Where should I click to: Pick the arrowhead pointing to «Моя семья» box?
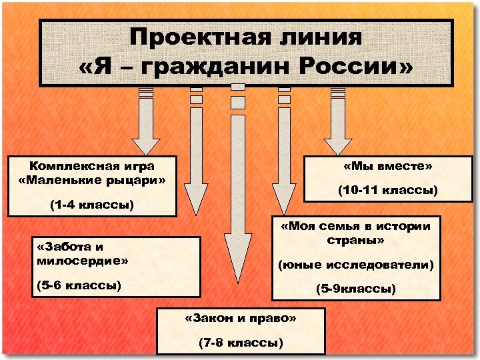coord(282,200)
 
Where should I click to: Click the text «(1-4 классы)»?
coord(92,205)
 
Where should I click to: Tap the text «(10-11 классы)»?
coord(387,191)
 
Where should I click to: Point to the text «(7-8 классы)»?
coord(240,343)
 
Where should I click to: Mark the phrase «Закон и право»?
coord(240,318)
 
